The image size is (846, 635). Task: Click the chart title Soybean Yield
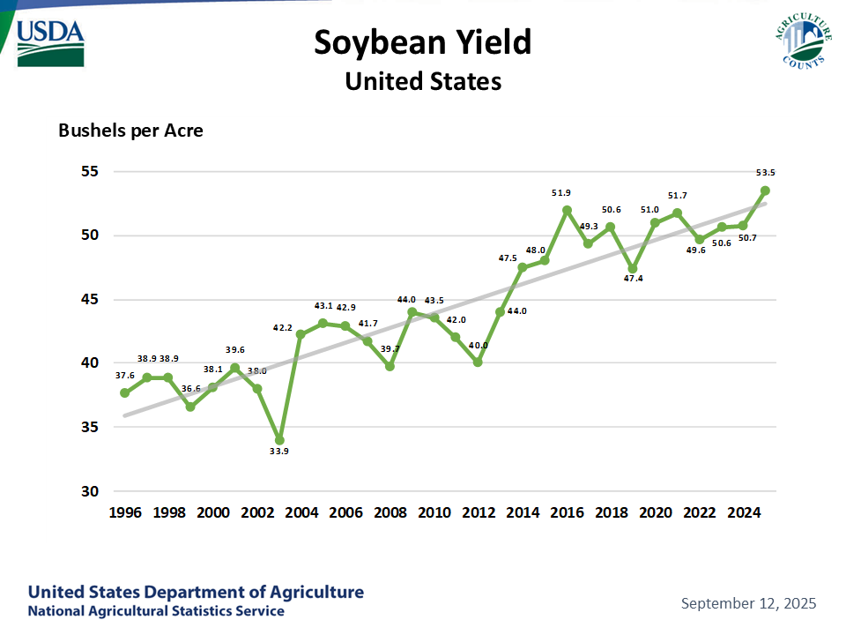[x=423, y=41]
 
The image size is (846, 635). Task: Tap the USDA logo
[x=50, y=41]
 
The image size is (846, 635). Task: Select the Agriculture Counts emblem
[x=803, y=41]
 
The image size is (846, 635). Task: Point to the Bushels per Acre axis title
[x=130, y=131]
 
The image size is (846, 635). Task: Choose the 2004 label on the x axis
[x=301, y=512]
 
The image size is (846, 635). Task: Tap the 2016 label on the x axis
[x=567, y=512]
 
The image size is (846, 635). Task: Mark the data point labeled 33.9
[x=279, y=439]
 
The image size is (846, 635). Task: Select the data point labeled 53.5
[x=766, y=190]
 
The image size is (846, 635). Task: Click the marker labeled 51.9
[x=567, y=210]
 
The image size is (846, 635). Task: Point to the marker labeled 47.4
[x=633, y=268]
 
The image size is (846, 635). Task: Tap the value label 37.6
[x=126, y=376]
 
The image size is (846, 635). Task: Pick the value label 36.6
[x=189, y=387]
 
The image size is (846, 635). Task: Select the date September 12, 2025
[x=748, y=603]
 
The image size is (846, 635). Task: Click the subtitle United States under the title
[x=423, y=81]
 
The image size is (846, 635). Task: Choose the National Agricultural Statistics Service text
[x=156, y=611]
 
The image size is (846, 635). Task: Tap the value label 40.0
[x=478, y=345]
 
